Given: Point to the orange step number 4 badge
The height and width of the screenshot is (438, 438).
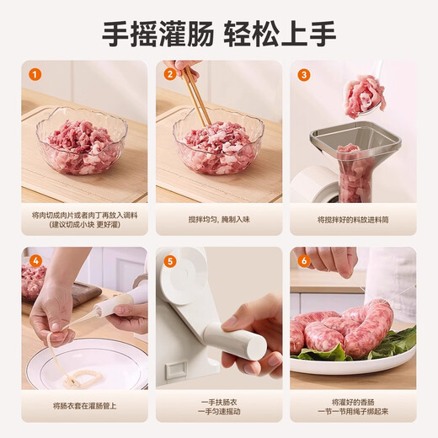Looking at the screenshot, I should click(x=35, y=260).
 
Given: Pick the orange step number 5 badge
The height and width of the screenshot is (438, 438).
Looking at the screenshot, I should click(x=169, y=260).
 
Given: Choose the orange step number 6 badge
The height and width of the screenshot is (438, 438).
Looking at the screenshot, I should click(x=304, y=260).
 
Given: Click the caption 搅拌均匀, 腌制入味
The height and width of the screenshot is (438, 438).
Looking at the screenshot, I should click(x=219, y=219).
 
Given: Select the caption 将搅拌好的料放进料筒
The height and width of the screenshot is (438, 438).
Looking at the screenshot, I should click(x=353, y=219).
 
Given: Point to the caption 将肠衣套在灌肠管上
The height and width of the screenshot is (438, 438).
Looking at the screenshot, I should click(x=84, y=405).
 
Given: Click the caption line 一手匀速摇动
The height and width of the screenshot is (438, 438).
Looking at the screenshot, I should click(x=219, y=412).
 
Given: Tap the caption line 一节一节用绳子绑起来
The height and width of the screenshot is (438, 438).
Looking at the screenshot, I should click(x=353, y=412).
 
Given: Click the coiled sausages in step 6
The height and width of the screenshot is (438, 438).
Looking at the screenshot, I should click(x=345, y=328).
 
